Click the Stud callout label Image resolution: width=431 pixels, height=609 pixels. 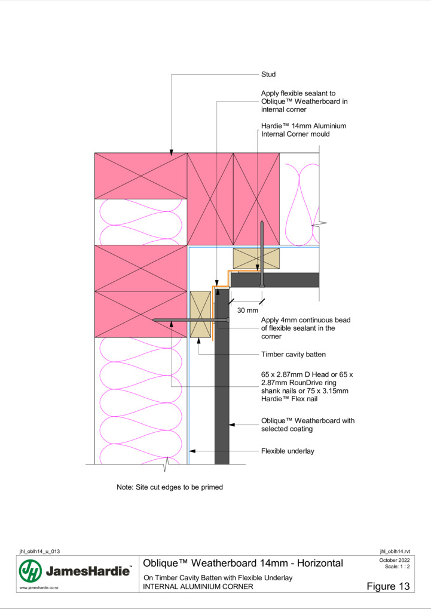(x=268, y=74)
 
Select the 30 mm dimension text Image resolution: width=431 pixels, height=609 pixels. (x=247, y=310)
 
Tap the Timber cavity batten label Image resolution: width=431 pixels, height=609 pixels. (x=294, y=354)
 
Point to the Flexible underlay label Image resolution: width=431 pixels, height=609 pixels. (x=288, y=451)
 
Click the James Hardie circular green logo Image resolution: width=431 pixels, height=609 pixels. (x=30, y=571)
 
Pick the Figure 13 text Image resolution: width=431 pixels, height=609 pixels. (x=388, y=586)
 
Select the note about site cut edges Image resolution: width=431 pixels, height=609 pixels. (x=170, y=487)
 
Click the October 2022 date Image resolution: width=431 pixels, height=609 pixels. (x=395, y=560)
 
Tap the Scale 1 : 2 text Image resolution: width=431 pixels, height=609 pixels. (x=398, y=566)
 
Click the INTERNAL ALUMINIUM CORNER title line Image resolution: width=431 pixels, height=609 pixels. (x=198, y=586)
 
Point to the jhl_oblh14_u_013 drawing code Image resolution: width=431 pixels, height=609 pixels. (x=39, y=552)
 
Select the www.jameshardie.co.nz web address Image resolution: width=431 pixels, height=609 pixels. (x=39, y=588)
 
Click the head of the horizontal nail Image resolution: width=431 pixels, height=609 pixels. (x=228, y=321)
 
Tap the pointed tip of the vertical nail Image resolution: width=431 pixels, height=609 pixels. (x=262, y=222)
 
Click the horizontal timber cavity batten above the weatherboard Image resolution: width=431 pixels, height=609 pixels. (x=256, y=259)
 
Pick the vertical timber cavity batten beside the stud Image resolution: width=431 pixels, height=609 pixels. (x=200, y=314)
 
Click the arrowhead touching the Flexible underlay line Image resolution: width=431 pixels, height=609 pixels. (x=192, y=451)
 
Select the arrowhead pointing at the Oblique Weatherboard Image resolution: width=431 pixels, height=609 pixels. (x=232, y=425)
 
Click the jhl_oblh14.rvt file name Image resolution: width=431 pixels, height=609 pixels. (x=395, y=552)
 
